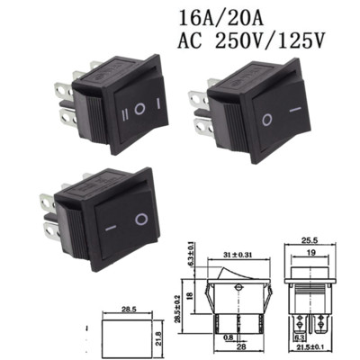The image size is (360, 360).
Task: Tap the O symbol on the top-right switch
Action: point(266,120)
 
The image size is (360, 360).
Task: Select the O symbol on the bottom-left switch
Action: point(139,218)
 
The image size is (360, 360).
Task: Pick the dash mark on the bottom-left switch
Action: point(108,227)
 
